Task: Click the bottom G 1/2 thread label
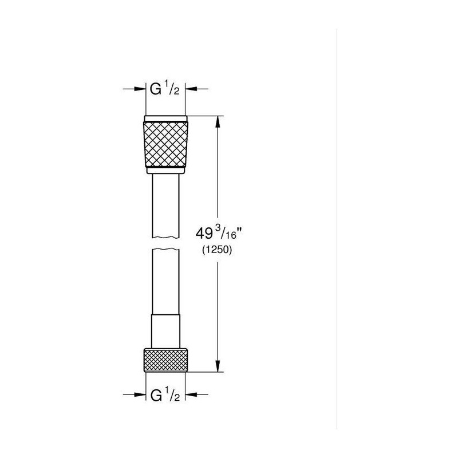tap(165, 394)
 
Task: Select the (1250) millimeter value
tap(217, 250)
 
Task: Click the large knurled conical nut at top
tap(165, 145)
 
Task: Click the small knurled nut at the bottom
tap(165, 360)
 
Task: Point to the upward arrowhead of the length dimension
tap(218, 122)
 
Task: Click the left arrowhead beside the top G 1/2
tap(140, 89)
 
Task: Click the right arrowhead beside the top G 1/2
tap(191, 89)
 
